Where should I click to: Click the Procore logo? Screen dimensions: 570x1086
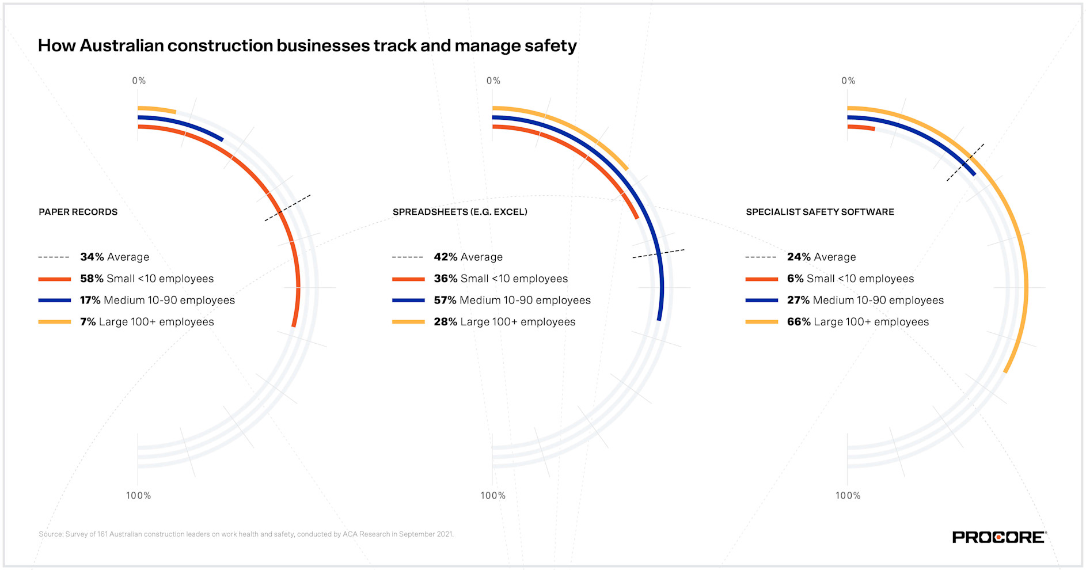click(998, 537)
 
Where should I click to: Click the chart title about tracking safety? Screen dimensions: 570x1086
click(307, 45)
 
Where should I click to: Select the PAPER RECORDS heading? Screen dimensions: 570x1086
click(78, 212)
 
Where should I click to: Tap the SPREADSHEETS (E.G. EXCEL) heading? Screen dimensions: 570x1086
click(460, 212)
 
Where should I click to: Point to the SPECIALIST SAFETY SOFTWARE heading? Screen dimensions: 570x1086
click(819, 212)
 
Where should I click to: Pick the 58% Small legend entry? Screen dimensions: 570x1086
click(146, 279)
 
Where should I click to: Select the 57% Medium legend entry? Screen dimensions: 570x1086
click(512, 300)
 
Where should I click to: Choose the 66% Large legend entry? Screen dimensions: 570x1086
click(857, 322)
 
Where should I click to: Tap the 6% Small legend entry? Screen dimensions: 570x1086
click(850, 279)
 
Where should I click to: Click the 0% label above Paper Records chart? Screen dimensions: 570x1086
click(139, 81)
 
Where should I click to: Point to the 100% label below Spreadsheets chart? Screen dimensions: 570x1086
click(493, 495)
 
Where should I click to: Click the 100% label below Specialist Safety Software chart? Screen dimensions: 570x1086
click(848, 495)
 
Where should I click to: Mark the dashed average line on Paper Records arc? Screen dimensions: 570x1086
click(287, 208)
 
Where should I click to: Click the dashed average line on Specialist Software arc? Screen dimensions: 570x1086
click(966, 162)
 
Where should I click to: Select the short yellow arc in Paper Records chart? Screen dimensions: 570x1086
click(157, 109)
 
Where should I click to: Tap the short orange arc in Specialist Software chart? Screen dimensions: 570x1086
click(861, 127)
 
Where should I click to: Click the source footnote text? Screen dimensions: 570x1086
click(246, 534)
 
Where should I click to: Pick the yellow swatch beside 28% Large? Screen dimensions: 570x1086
click(408, 322)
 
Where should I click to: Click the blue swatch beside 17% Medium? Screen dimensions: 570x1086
click(54, 300)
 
